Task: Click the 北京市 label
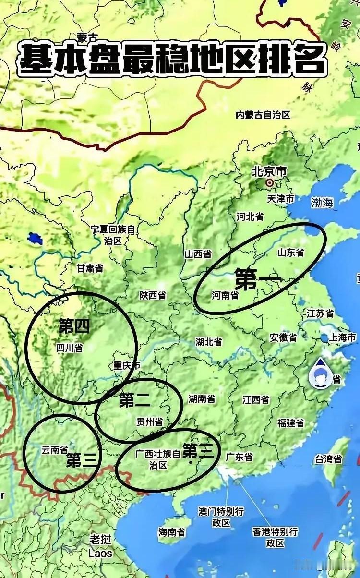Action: [269, 171]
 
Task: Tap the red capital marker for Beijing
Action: [270, 183]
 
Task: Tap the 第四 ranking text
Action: [74, 326]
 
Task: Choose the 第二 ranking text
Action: [135, 400]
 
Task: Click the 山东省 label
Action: [291, 252]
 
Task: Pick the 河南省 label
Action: [226, 295]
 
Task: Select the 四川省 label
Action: [70, 347]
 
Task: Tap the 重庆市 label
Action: [127, 365]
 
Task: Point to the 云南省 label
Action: [54, 450]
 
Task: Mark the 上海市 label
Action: [342, 338]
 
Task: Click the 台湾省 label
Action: [328, 459]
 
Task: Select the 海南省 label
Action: [172, 532]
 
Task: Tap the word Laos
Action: [101, 553]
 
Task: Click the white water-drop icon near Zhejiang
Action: [320, 373]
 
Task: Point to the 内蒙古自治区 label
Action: [263, 115]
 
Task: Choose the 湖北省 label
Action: [209, 342]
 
